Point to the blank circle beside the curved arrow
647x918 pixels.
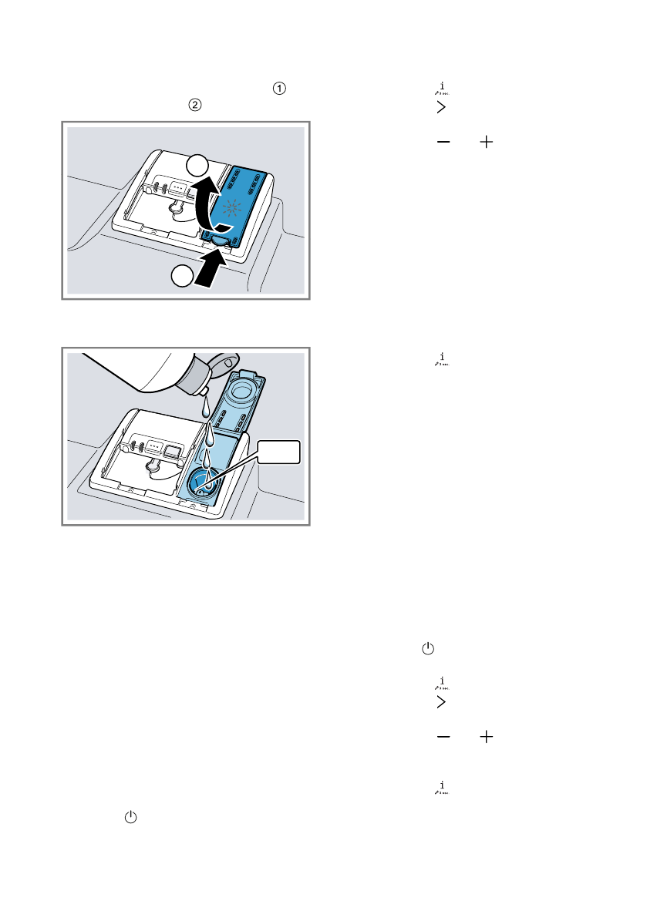(x=197, y=165)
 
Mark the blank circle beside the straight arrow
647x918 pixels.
(x=181, y=277)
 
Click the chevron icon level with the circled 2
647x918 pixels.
(x=441, y=108)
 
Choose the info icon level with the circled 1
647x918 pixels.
(x=442, y=89)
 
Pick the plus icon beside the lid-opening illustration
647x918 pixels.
(x=486, y=143)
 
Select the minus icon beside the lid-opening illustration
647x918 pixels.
(x=443, y=143)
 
